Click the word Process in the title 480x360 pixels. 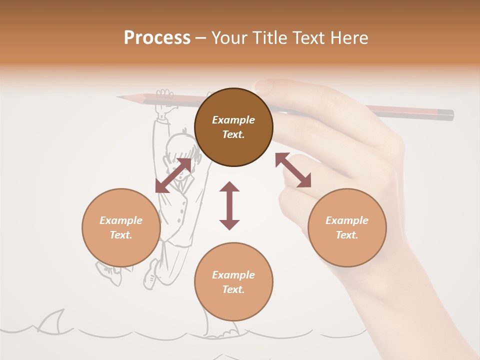[x=157, y=38]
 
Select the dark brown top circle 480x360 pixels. [x=233, y=127]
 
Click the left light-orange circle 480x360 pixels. [x=121, y=227]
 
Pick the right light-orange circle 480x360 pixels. [x=347, y=227]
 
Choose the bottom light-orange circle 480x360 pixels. [x=233, y=282]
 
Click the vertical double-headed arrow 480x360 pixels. [x=229, y=205]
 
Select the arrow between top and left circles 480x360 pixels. [x=173, y=175]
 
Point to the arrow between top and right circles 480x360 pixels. [x=293, y=170]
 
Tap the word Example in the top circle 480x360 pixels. [x=233, y=120]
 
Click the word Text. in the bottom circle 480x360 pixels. [x=233, y=289]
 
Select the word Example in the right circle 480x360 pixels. [x=347, y=220]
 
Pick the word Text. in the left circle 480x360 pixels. [x=121, y=235]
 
